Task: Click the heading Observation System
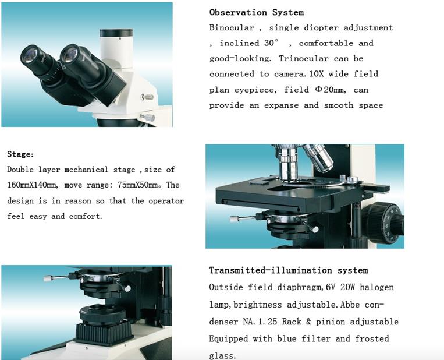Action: (256, 12)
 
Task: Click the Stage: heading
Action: (20, 154)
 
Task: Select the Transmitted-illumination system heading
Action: (289, 270)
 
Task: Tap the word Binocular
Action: (232, 28)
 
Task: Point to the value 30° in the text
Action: (271, 43)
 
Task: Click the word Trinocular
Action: (304, 58)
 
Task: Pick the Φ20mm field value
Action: (330, 90)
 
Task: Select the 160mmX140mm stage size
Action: (32, 185)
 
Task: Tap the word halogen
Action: (376, 287)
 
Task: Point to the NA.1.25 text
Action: (260, 322)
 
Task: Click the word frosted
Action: (372, 339)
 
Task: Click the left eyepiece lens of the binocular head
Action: (30, 54)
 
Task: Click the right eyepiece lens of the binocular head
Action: (69, 53)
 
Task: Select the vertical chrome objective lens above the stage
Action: (288, 164)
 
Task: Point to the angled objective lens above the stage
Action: (318, 158)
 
